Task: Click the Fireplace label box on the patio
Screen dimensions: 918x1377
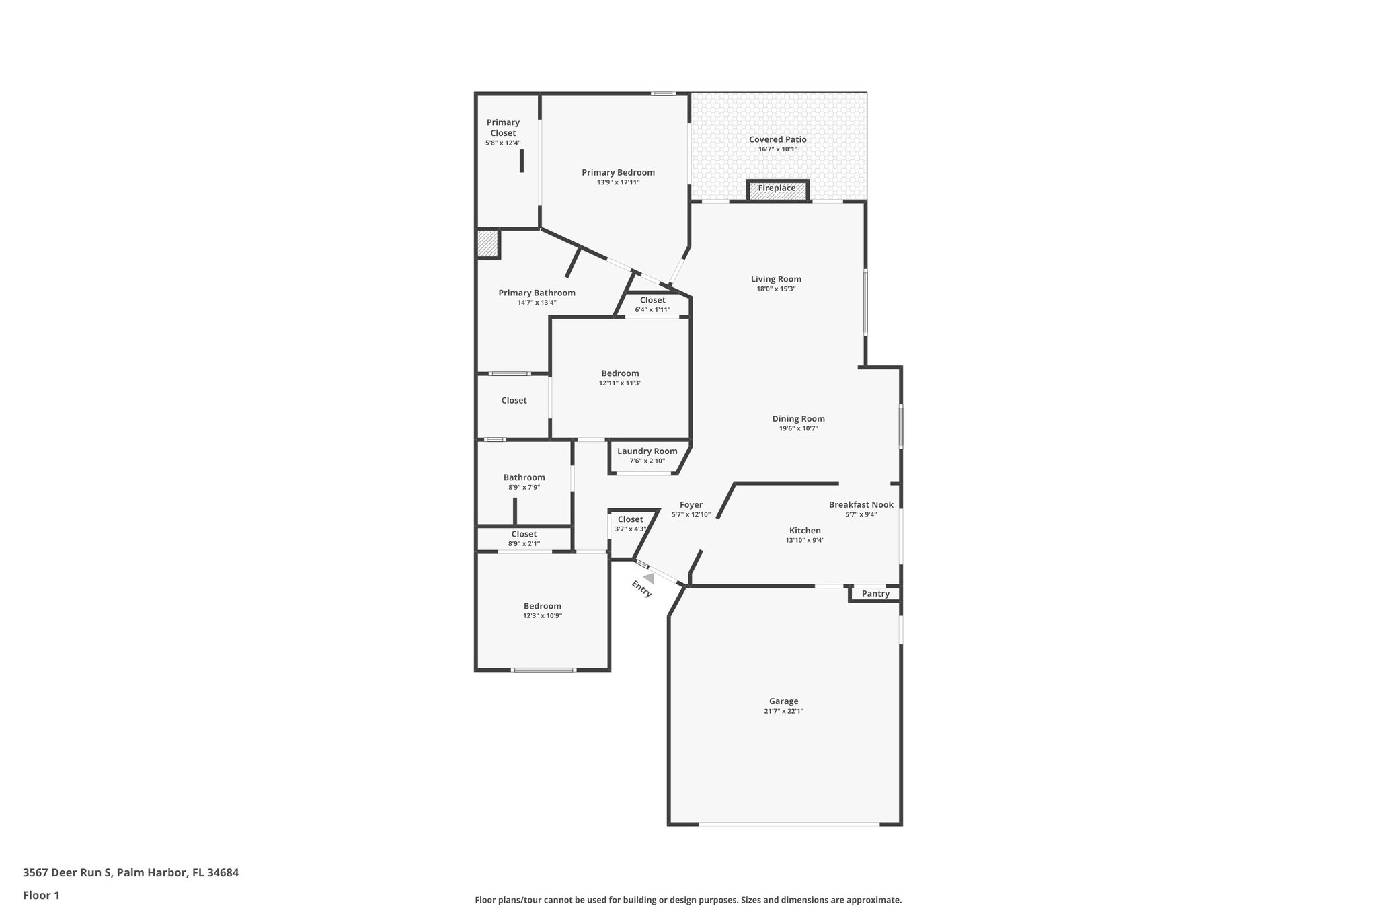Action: click(777, 189)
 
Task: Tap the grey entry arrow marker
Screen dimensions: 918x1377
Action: click(649, 578)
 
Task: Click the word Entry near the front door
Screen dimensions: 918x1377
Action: click(642, 588)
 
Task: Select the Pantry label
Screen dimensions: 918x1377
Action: click(875, 594)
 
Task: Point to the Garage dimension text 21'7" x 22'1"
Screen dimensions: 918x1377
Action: click(783, 711)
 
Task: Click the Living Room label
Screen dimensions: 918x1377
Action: click(776, 279)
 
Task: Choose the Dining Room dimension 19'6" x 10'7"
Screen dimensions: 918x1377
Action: click(798, 428)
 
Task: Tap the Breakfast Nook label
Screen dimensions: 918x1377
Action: click(861, 505)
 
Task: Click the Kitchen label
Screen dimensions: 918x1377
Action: click(805, 531)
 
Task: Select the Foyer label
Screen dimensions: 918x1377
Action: click(691, 505)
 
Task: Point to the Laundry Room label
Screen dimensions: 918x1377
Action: click(647, 451)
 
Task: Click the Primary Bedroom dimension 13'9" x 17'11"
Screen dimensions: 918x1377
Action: click(618, 182)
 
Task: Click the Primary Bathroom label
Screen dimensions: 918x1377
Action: click(537, 293)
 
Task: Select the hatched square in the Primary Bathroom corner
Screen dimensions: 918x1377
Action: click(487, 243)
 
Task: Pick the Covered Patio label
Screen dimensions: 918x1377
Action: click(777, 140)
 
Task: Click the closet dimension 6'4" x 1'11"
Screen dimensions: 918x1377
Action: click(652, 310)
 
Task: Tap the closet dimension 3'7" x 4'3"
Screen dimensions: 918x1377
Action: click(630, 529)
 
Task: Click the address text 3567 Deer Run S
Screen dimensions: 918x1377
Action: click(68, 873)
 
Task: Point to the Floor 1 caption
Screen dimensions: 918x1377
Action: click(41, 896)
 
